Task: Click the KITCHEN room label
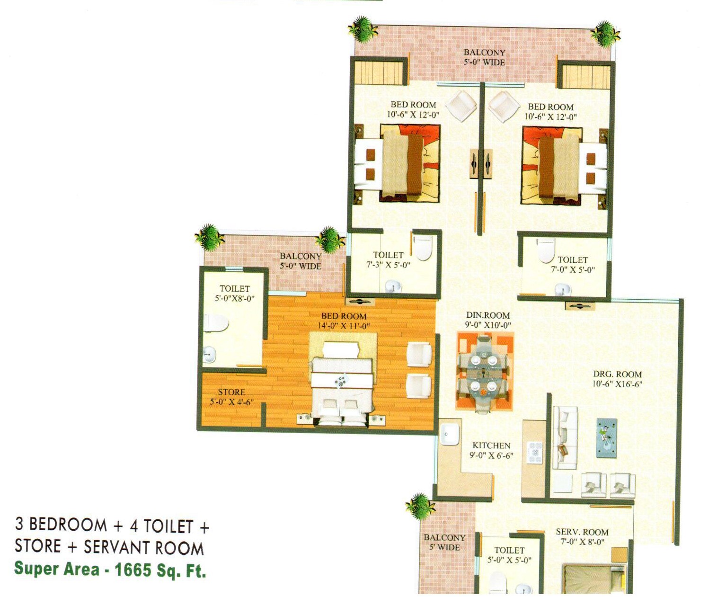point(491,446)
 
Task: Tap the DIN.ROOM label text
point(488,315)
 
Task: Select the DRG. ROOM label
point(618,374)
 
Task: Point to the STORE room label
point(231,392)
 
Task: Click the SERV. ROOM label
point(582,532)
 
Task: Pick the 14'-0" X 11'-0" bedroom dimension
point(344,326)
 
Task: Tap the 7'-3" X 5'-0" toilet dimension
point(388,265)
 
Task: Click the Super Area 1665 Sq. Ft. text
point(110,570)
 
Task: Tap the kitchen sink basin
point(450,435)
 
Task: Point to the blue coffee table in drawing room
point(607,438)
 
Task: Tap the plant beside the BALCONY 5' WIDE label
point(420,507)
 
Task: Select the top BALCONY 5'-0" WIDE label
point(485,57)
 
